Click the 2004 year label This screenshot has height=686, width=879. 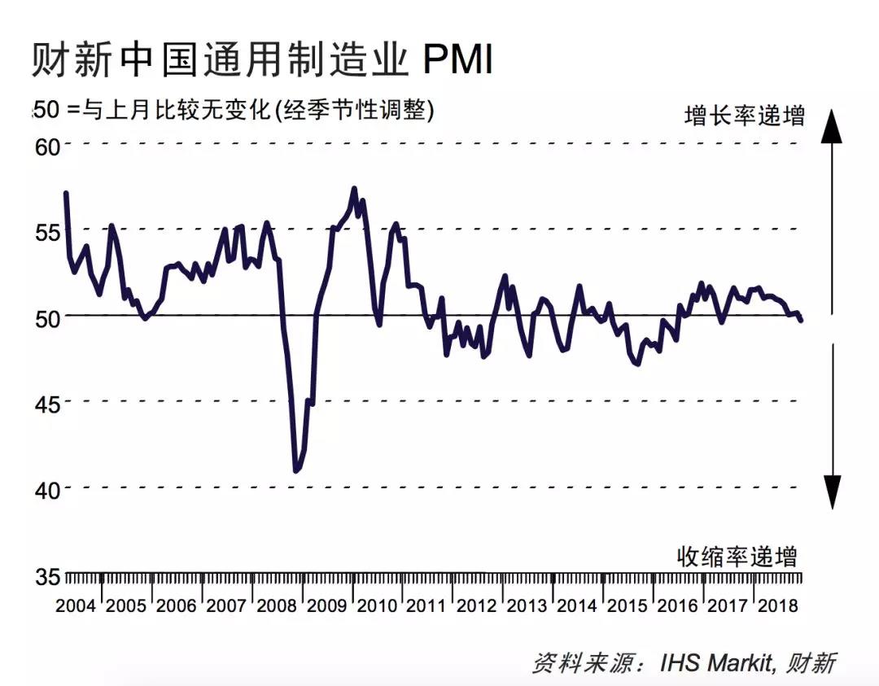coord(76,607)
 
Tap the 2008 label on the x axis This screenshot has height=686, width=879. coord(277,607)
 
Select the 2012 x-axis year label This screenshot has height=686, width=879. coord(477,607)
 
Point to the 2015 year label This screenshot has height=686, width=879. coord(628,607)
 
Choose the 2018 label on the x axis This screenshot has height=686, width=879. coord(777,607)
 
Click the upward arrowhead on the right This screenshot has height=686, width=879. coord(831,126)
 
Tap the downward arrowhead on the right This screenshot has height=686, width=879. coord(831,492)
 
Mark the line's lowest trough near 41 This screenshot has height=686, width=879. coord(296,470)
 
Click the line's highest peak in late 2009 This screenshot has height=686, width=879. coord(354,190)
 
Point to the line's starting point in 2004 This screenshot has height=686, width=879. coord(66,194)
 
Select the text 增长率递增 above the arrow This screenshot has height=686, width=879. coord(744,116)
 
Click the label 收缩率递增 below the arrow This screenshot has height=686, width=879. coord(737,557)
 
